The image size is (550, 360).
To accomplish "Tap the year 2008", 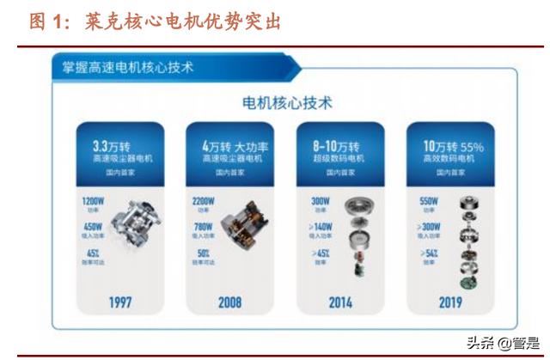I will coord(229,302).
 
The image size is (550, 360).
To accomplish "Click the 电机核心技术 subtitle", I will coord(288,103).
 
